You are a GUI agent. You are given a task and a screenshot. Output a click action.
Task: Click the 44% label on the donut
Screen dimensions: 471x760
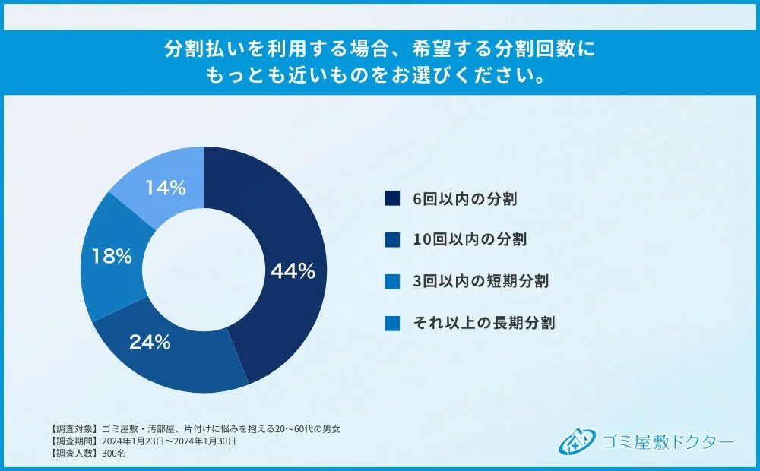point(293,271)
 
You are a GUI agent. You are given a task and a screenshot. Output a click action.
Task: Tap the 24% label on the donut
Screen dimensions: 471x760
point(149,342)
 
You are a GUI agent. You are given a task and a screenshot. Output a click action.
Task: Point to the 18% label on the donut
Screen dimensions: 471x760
point(111,256)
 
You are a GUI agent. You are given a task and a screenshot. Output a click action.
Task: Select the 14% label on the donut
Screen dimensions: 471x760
point(165,188)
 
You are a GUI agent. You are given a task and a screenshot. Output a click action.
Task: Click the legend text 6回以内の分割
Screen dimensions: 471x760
point(465,200)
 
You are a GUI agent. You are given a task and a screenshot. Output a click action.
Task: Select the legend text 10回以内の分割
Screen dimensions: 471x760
point(470,239)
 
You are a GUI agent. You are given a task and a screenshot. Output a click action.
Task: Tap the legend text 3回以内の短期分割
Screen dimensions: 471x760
point(480,281)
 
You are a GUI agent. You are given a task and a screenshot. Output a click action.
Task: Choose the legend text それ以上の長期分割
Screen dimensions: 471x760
point(483,323)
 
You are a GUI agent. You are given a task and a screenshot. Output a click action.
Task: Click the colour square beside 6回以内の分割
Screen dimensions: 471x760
point(392,200)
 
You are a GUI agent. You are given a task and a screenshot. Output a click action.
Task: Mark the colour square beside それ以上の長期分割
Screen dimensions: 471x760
point(392,323)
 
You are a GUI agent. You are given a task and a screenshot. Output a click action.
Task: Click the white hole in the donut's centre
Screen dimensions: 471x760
point(203,270)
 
